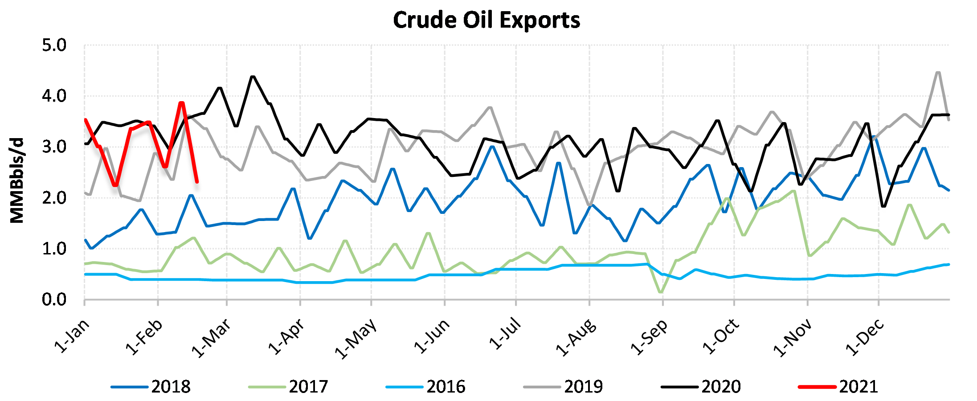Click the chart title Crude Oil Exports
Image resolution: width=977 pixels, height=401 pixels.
[486, 20]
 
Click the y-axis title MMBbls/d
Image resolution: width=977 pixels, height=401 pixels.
[17, 180]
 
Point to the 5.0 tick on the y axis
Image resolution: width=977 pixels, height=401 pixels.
[54, 45]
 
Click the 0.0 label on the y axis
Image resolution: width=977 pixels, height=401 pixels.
[54, 300]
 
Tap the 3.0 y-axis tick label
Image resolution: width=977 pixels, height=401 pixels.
[54, 147]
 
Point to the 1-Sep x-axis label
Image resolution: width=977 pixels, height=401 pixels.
[650, 336]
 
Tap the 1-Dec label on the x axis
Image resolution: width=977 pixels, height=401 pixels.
[865, 336]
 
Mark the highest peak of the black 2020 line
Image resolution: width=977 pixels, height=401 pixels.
[253, 77]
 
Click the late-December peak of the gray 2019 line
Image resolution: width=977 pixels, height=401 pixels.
[938, 72]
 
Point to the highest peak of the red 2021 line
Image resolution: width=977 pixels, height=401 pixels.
[181, 103]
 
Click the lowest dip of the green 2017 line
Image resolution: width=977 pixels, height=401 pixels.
[660, 292]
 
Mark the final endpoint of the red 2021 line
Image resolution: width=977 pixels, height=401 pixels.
[197, 182]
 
